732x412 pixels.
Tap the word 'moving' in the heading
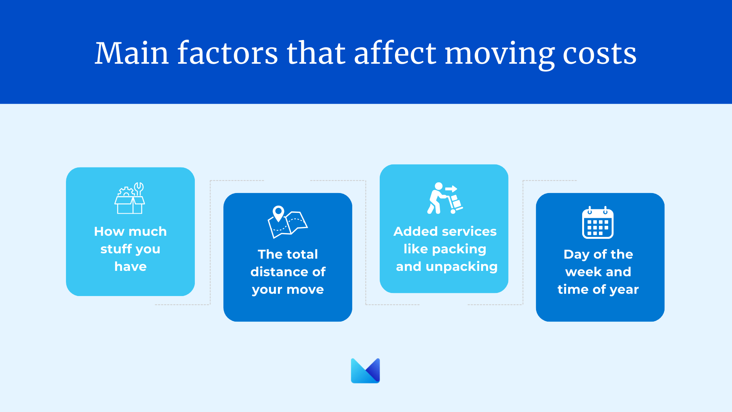pos(499,56)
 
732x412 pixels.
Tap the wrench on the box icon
pos(139,189)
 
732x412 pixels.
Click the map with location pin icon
pos(288,222)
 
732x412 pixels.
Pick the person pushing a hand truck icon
pos(445,198)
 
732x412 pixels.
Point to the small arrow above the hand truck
pos(451,188)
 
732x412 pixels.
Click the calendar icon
pos(598,223)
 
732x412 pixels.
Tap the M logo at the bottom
pos(365,370)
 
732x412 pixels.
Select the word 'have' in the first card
pos(130,266)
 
